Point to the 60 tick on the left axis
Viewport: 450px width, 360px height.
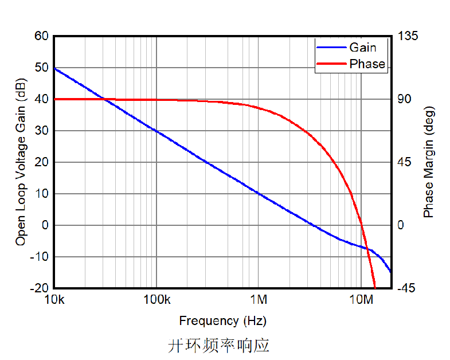click(42, 36)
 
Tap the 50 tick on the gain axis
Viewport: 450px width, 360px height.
click(42, 68)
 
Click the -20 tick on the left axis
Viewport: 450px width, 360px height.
click(40, 288)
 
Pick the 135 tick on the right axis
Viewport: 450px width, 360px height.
click(408, 36)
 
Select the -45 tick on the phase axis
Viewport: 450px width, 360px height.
click(408, 288)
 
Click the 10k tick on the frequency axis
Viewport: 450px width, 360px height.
click(54, 300)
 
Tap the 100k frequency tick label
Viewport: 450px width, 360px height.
click(156, 300)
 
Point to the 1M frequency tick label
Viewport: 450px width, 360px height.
click(259, 300)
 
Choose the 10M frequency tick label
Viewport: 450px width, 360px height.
click(361, 300)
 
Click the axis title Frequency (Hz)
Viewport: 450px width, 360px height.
click(222, 320)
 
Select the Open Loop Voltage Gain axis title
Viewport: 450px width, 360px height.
click(21, 162)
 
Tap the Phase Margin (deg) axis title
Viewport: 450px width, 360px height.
click(429, 162)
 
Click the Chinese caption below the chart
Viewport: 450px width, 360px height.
click(218, 345)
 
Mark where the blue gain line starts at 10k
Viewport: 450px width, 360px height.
click(54, 68)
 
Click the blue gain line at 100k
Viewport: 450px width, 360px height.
click(156, 131)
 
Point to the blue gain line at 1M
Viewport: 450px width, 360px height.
click(259, 194)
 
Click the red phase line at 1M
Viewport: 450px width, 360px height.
click(259, 108)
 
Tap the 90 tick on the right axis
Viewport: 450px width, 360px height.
click(405, 99)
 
